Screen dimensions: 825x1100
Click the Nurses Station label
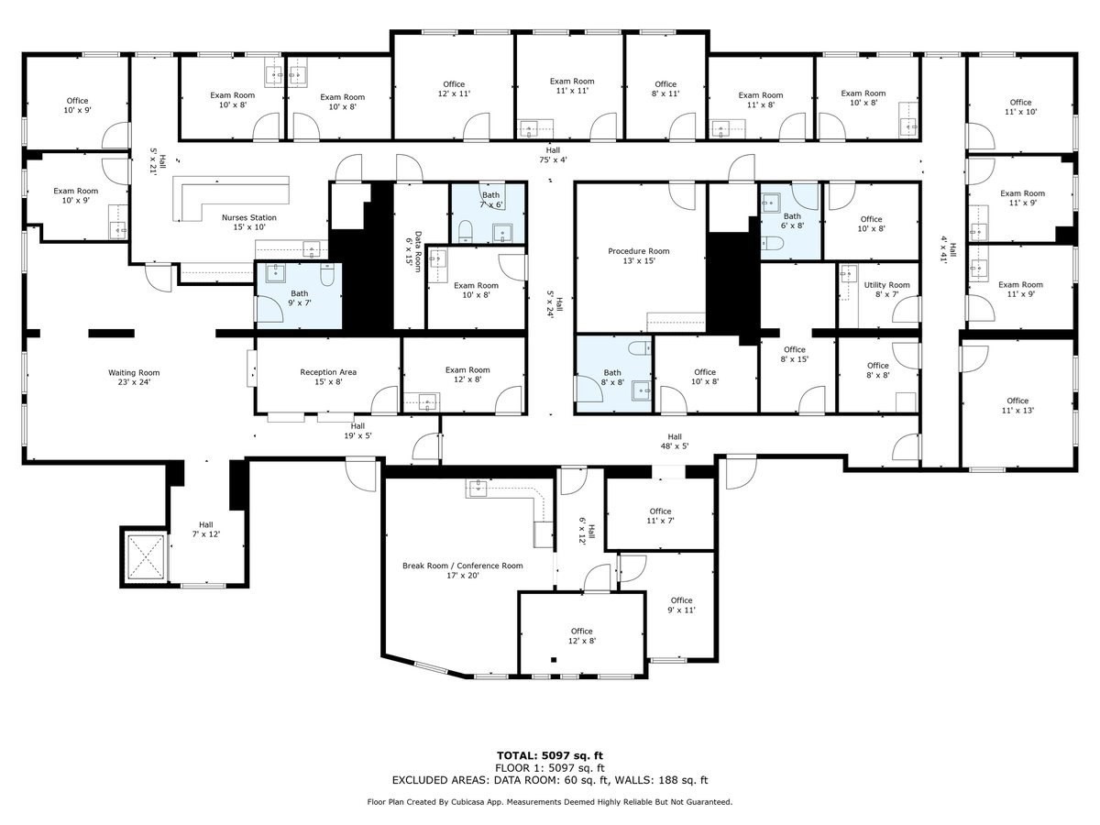248,222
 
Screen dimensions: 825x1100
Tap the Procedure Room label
639,256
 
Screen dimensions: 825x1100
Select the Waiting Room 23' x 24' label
134,378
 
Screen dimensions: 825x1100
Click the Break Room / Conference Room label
462,570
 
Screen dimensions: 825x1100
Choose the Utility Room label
886,290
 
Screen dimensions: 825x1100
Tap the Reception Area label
328,377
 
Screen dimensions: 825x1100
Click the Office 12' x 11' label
454,89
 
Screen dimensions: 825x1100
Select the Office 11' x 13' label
1017,405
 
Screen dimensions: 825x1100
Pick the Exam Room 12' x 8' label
467,374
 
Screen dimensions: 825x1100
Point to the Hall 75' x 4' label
552,155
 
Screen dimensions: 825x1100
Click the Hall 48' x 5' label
675,441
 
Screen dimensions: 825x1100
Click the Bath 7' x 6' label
491,200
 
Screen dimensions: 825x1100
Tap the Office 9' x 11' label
681,605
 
